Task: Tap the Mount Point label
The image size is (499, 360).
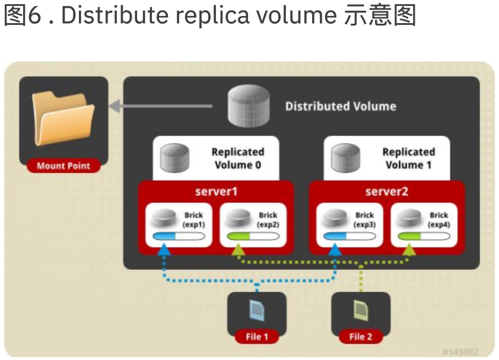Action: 63,166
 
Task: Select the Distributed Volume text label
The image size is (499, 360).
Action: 341,107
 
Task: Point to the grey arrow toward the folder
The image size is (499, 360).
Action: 160,107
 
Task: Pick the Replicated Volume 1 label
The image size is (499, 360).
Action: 408,158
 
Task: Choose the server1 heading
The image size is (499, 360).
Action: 216,192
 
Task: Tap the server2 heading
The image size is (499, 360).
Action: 387,192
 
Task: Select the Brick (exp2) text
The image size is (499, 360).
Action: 268,219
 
